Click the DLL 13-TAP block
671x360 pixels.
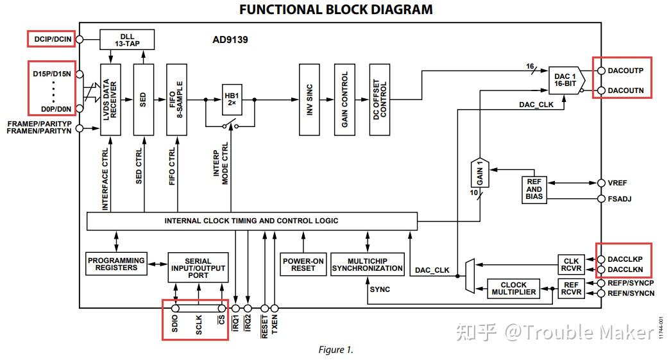coord(128,40)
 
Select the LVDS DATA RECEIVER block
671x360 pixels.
coord(110,99)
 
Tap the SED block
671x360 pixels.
coord(142,99)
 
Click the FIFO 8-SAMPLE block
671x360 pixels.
coord(176,99)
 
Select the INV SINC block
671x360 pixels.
coord(309,99)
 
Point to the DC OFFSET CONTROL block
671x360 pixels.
coord(380,99)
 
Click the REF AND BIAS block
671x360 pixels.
coord(534,189)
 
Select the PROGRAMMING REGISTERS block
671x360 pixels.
coord(116,264)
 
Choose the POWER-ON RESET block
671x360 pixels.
coord(303,264)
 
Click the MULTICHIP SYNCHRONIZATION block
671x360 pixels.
coord(367,264)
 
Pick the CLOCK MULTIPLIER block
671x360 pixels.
coord(513,289)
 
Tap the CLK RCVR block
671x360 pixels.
coord(571,264)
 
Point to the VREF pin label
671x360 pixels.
coord(617,183)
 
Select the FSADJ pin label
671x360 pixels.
coord(619,199)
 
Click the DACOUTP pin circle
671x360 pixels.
coord(601,70)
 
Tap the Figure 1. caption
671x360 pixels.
coord(335,350)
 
